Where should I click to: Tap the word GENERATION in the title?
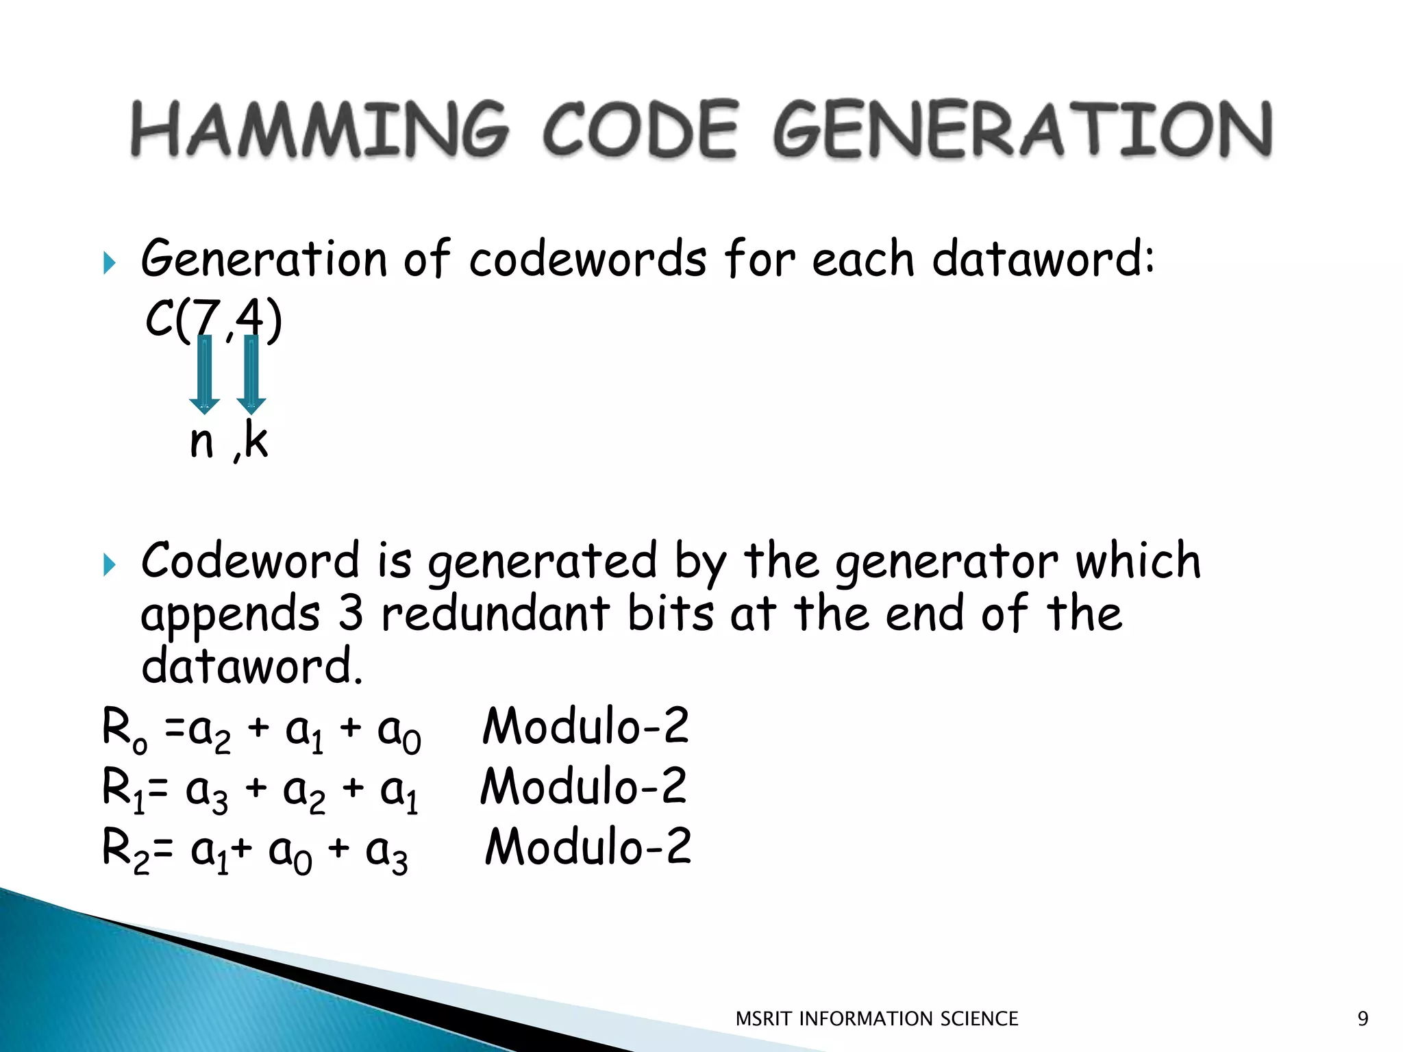point(1022,129)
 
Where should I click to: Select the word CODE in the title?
point(641,129)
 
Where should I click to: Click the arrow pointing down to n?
point(204,373)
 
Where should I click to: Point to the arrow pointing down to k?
point(251,373)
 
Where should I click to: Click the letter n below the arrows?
point(201,442)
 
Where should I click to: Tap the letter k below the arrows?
point(256,440)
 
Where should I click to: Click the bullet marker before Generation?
point(110,262)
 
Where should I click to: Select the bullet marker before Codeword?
point(110,565)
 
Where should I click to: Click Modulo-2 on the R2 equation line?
point(588,847)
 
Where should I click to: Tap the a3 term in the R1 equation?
point(207,792)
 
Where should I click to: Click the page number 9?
point(1363,1019)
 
